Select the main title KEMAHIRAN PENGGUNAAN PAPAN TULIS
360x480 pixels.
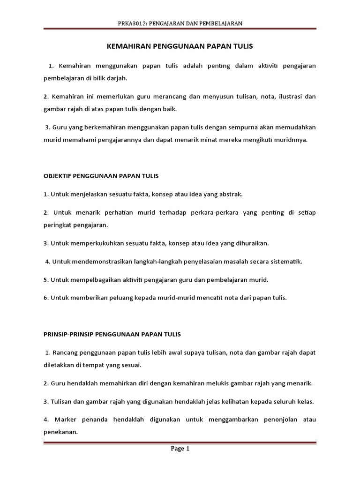(x=180, y=46)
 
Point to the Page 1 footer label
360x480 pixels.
(x=180, y=449)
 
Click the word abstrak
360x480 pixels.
(x=230, y=194)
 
